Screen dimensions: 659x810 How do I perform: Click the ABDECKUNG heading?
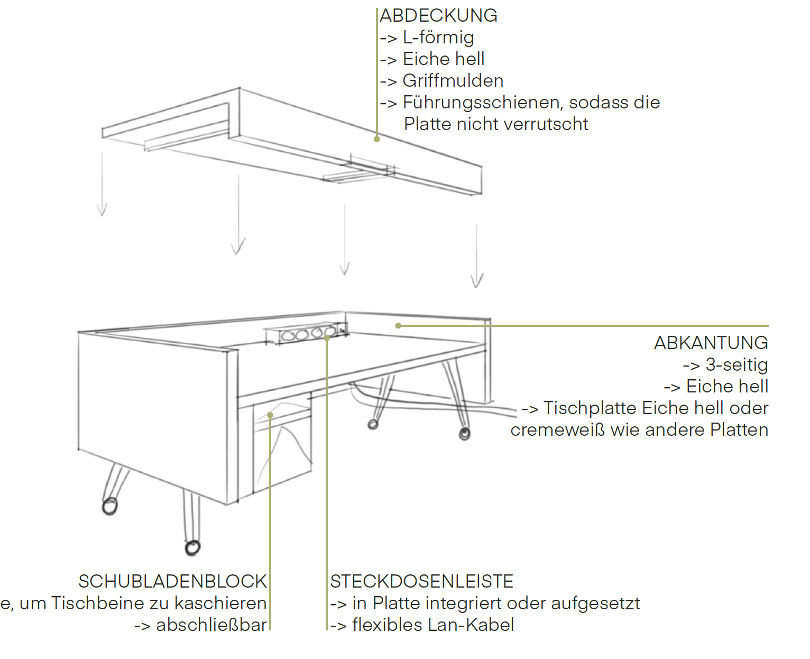[x=438, y=16]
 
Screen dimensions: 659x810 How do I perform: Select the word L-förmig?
[x=438, y=38]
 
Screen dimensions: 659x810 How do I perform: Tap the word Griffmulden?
[x=453, y=81]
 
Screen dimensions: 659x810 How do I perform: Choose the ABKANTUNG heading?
[x=711, y=343]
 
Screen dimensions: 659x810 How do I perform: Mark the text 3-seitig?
[x=737, y=365]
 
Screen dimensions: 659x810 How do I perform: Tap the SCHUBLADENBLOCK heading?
[x=172, y=582]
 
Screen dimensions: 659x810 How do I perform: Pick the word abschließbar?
[x=211, y=625]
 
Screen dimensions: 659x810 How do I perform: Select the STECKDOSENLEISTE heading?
[x=421, y=582]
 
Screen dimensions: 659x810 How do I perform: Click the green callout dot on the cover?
[x=377, y=139]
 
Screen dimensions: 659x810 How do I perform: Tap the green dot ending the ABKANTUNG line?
[x=398, y=326]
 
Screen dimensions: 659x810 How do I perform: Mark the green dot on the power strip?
[x=327, y=337]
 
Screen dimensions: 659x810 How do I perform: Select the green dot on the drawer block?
[x=270, y=415]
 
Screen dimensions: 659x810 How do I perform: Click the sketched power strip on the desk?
[x=304, y=334]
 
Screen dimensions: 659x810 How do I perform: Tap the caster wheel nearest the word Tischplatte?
[x=464, y=434]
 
